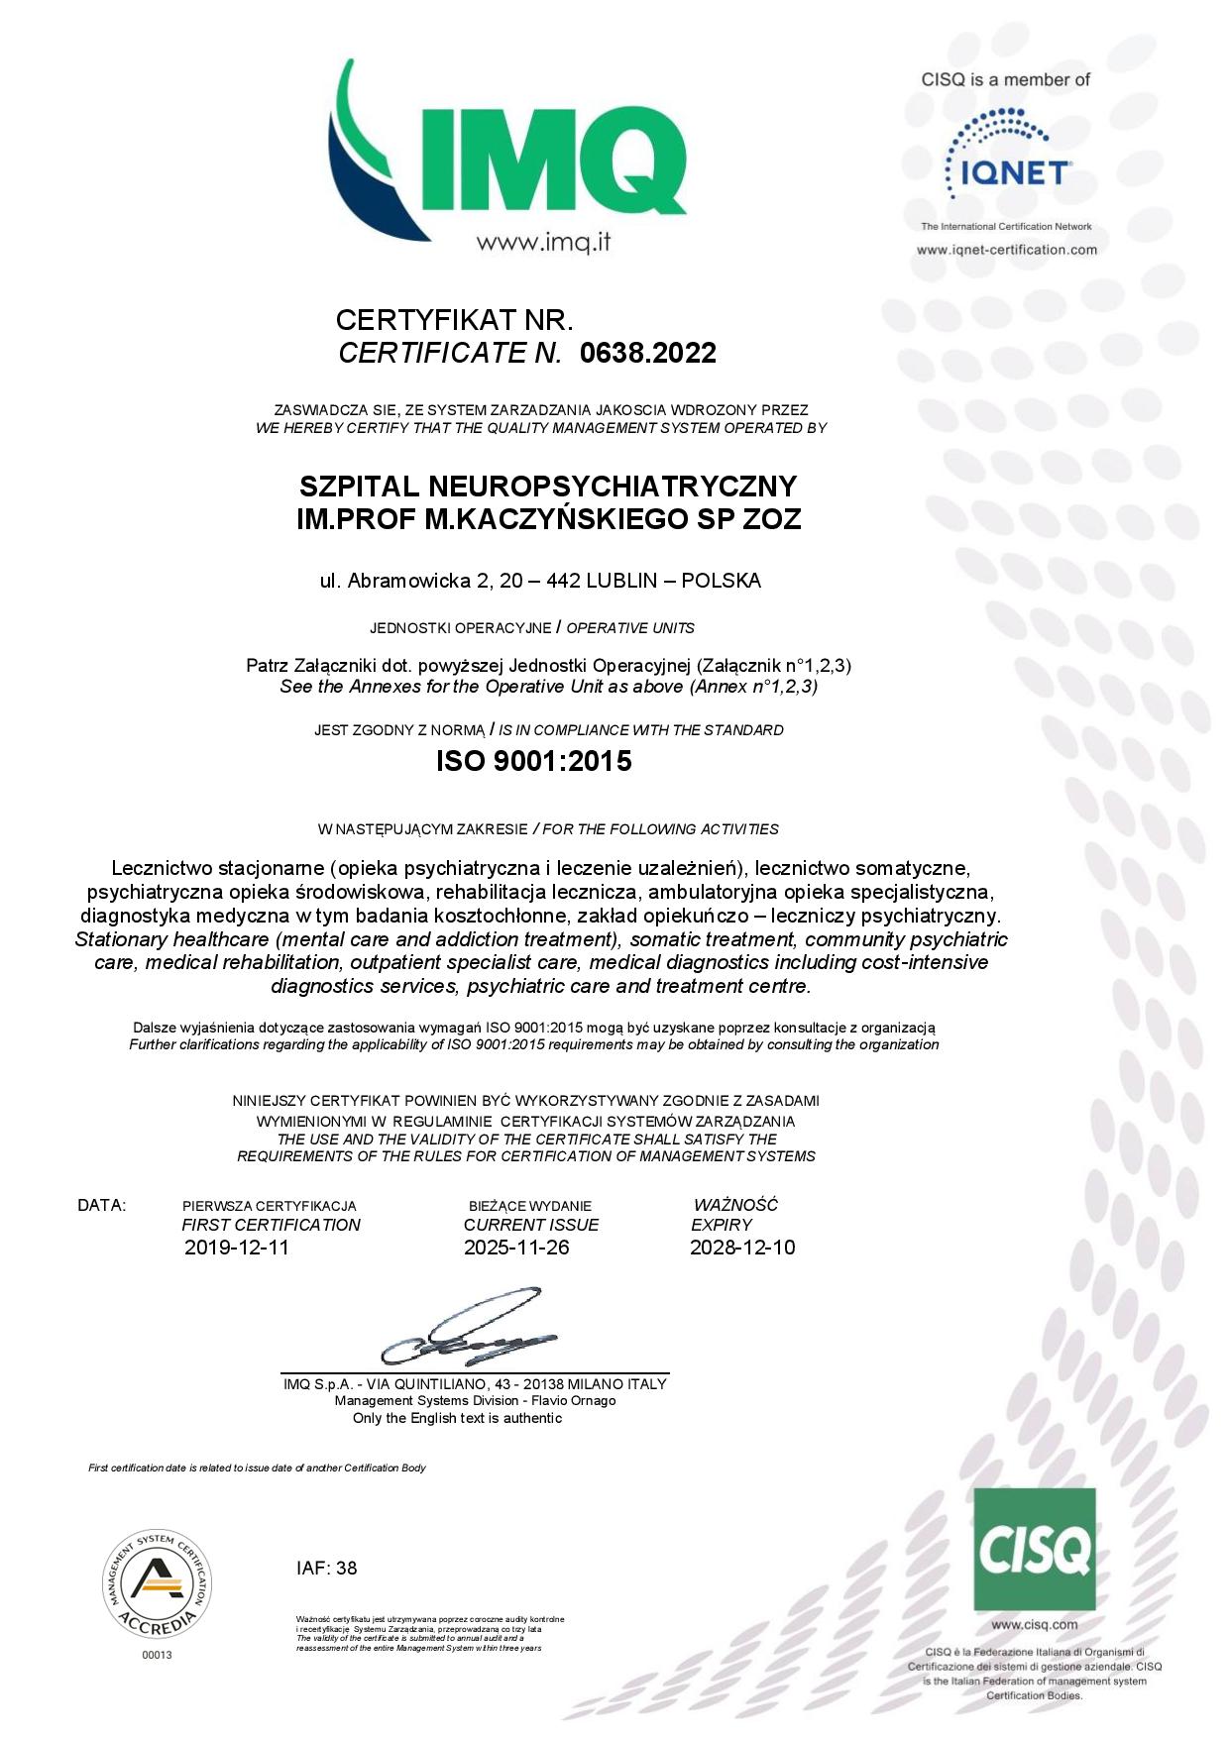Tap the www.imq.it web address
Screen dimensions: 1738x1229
543,243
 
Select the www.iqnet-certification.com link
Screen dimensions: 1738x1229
1006,250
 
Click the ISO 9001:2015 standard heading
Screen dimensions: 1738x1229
533,761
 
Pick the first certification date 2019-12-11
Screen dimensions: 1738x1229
237,1248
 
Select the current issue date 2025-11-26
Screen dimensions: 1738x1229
516,1248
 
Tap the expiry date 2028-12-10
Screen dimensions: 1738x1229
742,1248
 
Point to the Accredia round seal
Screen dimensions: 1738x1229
157,1583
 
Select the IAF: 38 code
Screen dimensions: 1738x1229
326,1569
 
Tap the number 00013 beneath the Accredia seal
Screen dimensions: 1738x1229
157,1655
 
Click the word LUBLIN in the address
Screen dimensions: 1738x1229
621,581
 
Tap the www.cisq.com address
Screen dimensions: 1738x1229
1034,1625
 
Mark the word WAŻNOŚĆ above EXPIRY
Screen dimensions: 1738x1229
735,1205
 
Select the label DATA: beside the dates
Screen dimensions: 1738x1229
102,1206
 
